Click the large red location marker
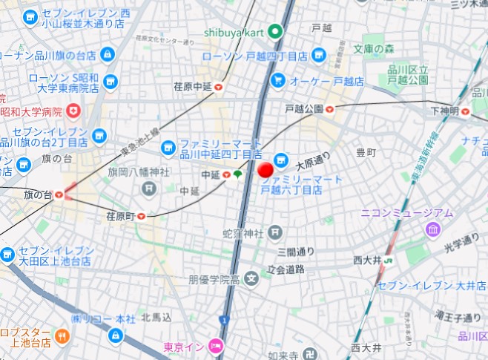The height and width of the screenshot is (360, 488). tap(266, 170)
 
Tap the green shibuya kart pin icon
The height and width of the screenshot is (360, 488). tap(274, 32)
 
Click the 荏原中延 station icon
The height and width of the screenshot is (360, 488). tap(219, 88)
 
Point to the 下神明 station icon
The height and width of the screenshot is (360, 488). tap(465, 111)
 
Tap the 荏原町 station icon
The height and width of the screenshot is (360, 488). tap(139, 216)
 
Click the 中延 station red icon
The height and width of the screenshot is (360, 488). tap(225, 175)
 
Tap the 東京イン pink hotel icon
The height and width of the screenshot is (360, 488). tap(216, 346)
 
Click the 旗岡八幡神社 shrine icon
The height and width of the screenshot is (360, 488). tap(149, 189)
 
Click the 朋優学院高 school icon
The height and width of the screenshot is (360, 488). tap(251, 280)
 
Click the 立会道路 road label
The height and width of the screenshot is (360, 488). tap(286, 269)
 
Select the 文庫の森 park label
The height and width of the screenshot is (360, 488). tap(375, 50)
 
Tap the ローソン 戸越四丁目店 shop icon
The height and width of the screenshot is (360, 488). tap(318, 54)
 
